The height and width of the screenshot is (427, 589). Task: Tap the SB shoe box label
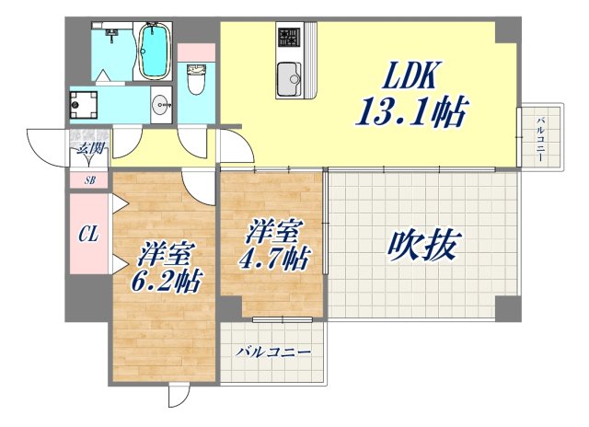click(89, 180)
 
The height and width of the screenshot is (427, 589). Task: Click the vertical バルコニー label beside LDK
click(540, 138)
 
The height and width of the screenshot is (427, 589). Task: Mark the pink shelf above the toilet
click(195, 52)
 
